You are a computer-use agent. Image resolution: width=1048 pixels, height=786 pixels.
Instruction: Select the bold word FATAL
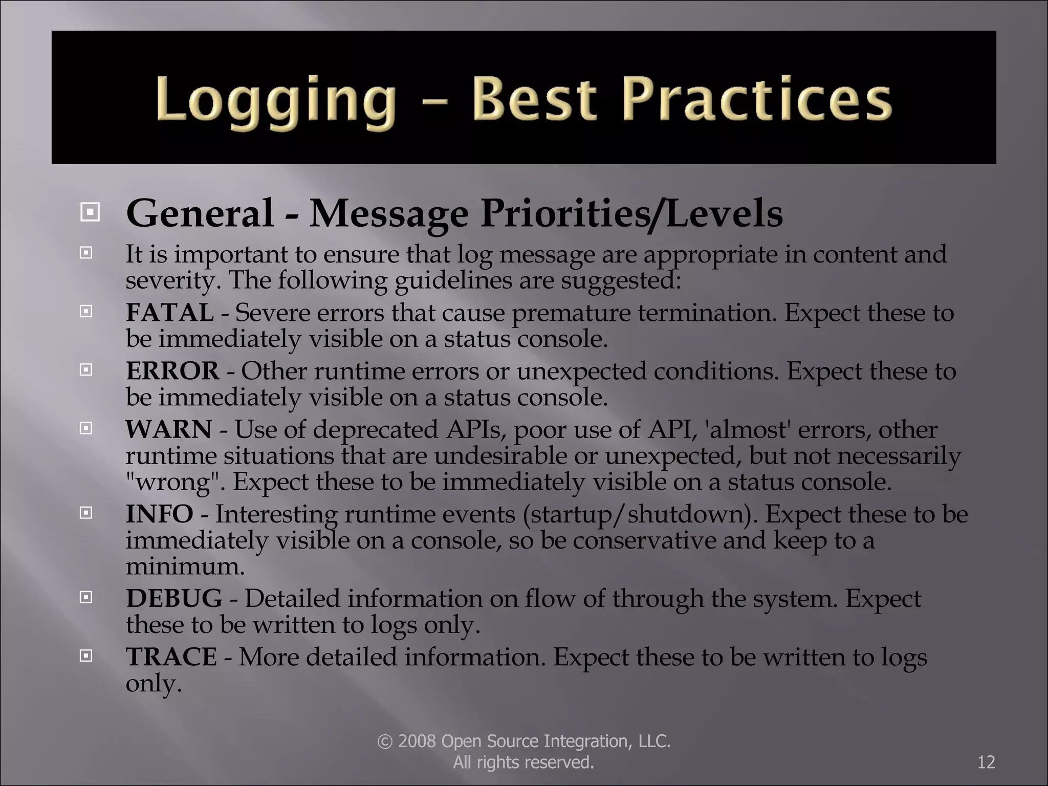(x=170, y=313)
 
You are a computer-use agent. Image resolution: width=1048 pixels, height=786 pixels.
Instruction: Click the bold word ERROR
(x=172, y=371)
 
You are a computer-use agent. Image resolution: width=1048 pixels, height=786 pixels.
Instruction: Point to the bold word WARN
(x=169, y=429)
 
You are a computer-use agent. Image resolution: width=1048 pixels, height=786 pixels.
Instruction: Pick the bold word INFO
(x=159, y=514)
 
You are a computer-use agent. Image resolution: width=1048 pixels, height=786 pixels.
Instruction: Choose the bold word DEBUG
(x=174, y=598)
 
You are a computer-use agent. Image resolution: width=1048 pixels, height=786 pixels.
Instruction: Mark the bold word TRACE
(x=171, y=657)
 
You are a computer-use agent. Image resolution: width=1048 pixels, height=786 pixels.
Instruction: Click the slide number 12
(x=986, y=762)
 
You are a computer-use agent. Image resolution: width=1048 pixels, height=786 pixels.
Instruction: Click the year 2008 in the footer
(x=417, y=741)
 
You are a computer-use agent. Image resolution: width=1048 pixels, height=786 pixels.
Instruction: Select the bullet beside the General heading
(x=90, y=211)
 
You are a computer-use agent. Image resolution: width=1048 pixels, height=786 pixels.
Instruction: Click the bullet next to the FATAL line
(x=86, y=311)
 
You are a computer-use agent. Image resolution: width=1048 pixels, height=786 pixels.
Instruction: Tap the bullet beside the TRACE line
(x=86, y=655)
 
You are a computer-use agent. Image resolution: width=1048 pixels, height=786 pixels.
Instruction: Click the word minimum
(x=185, y=566)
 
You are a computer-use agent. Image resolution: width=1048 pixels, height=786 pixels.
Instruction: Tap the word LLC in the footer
(x=654, y=741)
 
